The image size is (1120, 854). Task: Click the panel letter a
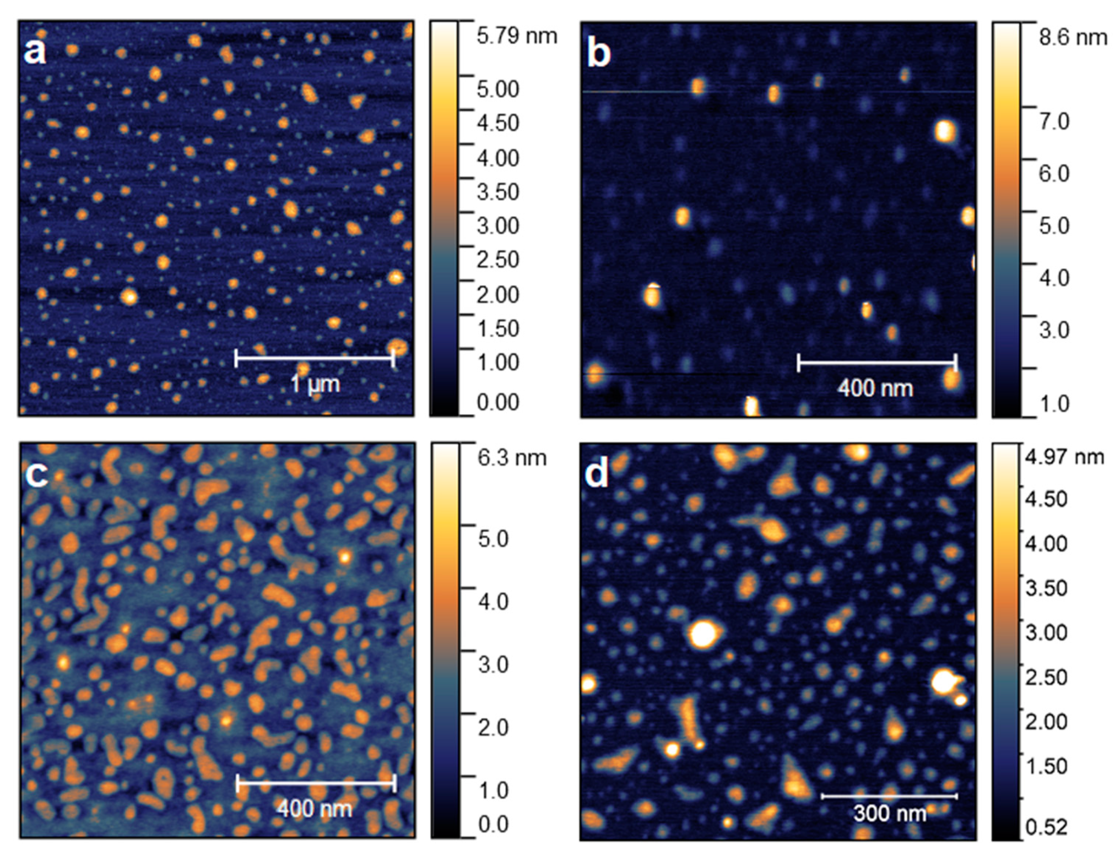(x=34, y=52)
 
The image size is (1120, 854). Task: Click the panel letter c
(x=37, y=474)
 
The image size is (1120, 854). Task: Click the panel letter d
(x=596, y=474)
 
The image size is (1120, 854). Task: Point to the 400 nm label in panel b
(x=875, y=389)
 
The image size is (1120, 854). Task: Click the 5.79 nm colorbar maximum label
(x=516, y=37)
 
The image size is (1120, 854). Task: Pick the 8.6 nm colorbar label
(x=1073, y=38)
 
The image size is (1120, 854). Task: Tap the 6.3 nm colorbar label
(x=511, y=458)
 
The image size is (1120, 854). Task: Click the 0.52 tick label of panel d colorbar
(x=1046, y=827)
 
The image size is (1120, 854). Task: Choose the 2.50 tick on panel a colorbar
(x=497, y=260)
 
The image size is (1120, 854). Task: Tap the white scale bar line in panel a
(x=314, y=359)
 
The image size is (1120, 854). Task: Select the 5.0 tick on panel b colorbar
(x=1054, y=226)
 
